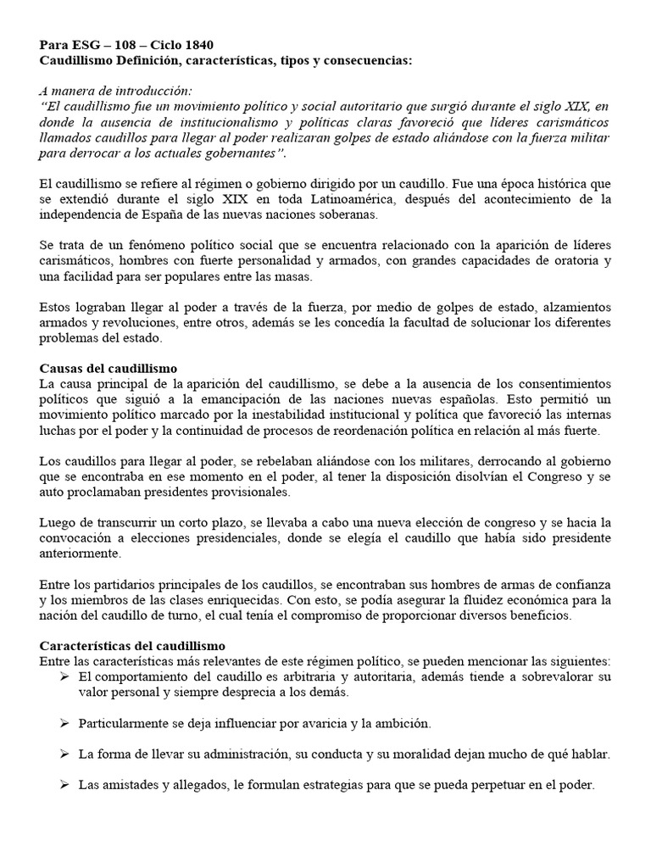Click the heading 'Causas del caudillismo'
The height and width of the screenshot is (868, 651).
coord(108,369)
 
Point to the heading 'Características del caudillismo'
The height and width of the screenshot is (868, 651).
coord(132,646)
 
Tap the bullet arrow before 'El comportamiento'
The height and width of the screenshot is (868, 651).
coord(66,676)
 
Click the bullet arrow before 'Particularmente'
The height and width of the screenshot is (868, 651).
coord(66,723)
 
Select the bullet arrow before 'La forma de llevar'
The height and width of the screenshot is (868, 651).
coord(66,754)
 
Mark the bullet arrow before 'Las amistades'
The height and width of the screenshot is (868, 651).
coord(66,785)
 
